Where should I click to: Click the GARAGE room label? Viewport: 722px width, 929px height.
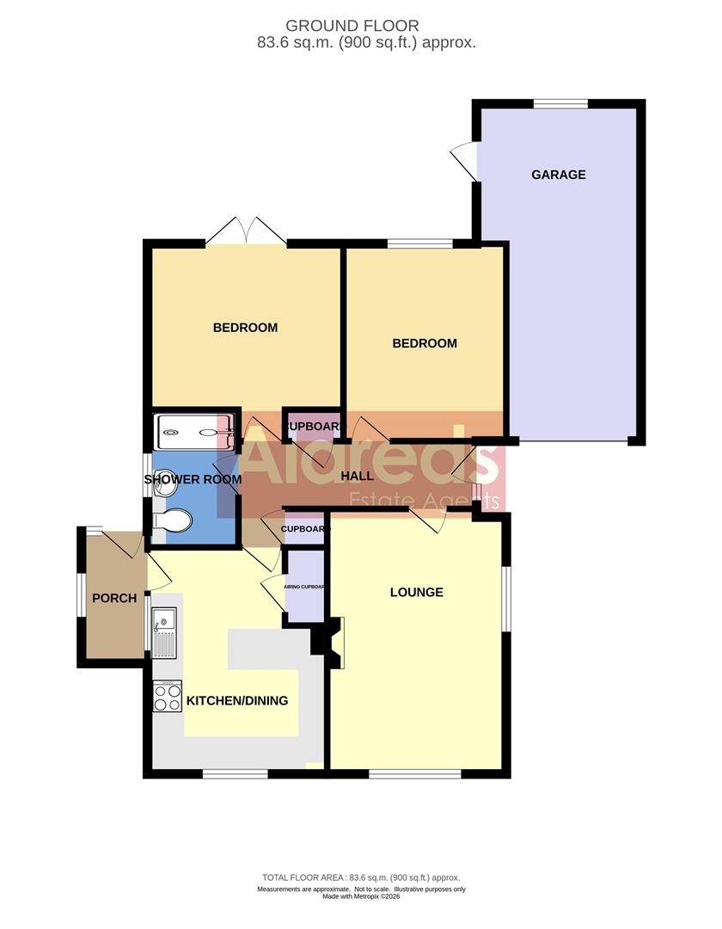coord(558,175)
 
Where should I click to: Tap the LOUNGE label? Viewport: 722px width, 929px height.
coord(417,592)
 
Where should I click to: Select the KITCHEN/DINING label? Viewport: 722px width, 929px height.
coord(237,700)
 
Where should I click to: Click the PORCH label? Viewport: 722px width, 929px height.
coord(114,598)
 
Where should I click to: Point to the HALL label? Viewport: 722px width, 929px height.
coord(357,476)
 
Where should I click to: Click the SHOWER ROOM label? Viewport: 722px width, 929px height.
coord(193,479)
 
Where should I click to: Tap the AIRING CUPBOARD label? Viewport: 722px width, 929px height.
coord(305,587)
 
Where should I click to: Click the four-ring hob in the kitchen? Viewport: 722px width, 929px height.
coord(167,696)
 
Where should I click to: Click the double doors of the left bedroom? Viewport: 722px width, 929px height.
coord(246,231)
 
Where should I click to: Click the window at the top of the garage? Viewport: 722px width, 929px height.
coord(560,104)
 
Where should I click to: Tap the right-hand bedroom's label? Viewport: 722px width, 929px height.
coord(425,343)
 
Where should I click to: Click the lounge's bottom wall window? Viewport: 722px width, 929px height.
coord(415,773)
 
